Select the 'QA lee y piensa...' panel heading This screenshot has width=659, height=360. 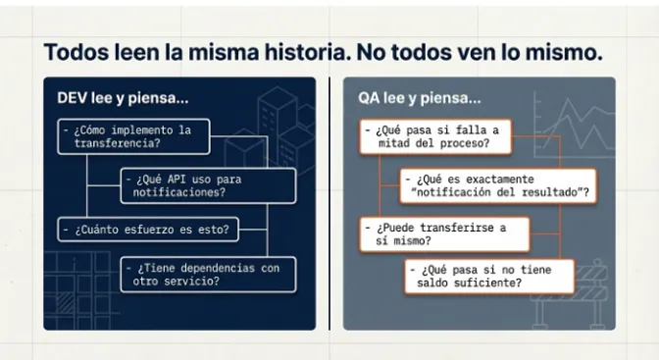pos(419,99)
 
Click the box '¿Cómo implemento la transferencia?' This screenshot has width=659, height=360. pos(132,135)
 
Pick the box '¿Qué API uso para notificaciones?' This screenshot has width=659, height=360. pos(208,185)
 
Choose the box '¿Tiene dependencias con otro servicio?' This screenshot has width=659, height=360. pos(208,274)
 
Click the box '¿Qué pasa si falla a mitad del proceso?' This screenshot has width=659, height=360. pos(431,136)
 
